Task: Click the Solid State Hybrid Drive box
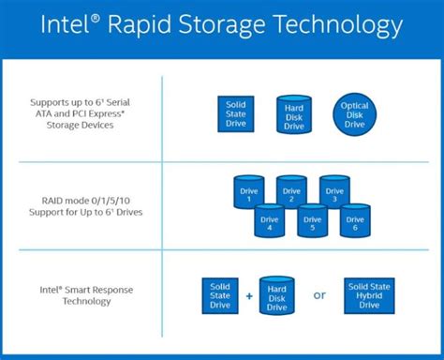pos(369,294)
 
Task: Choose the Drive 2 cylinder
pos(292,192)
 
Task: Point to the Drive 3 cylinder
pos(334,192)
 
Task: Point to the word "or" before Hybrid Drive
pos(319,295)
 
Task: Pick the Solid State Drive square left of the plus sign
pos(221,295)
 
